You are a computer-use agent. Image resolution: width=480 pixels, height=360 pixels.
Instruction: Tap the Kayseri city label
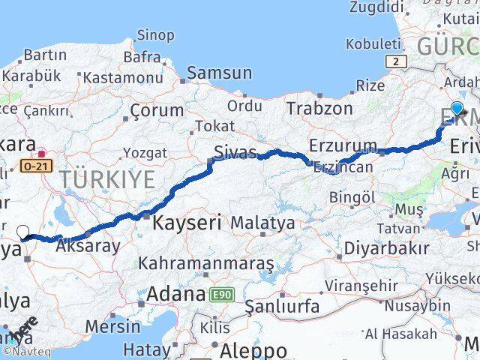pos(187,222)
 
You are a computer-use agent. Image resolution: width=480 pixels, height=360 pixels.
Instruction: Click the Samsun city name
pos(219,73)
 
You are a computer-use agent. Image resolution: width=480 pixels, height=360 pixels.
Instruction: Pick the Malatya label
pos(262,223)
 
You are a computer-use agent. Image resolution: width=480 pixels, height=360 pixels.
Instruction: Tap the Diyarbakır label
pos(387,248)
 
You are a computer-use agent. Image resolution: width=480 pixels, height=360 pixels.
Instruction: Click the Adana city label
pos(175,293)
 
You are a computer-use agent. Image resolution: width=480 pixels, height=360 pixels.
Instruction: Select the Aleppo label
pos(253,350)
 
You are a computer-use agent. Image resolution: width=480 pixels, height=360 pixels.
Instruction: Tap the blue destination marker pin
pos(457,109)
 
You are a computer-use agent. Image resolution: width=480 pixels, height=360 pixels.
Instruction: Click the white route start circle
pos(22,232)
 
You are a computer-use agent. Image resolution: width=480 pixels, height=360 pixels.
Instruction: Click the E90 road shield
pos(220,295)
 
